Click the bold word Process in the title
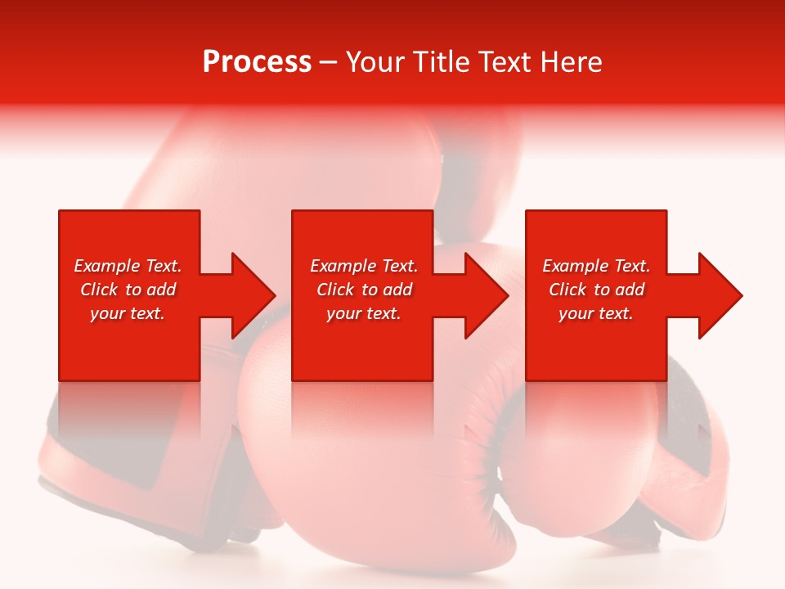(x=257, y=62)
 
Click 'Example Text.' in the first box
(x=128, y=266)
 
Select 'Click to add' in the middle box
(x=364, y=290)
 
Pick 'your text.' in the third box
(x=596, y=313)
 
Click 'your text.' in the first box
(x=128, y=313)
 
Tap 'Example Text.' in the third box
(x=596, y=266)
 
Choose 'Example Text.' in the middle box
(x=364, y=266)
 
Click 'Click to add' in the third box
(x=596, y=290)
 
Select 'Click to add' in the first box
(x=128, y=290)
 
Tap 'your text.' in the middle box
(x=364, y=313)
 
